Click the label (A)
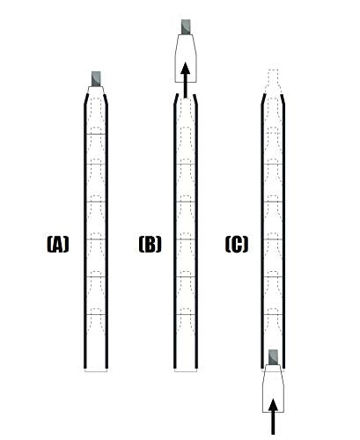click(x=57, y=245)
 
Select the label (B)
click(x=150, y=245)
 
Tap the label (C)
click(x=236, y=245)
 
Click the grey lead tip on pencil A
click(x=95, y=78)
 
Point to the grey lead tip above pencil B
click(x=186, y=27)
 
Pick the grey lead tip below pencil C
click(x=274, y=356)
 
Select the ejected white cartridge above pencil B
click(x=186, y=60)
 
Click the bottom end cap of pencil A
click(x=95, y=369)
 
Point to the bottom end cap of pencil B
click(x=186, y=369)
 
